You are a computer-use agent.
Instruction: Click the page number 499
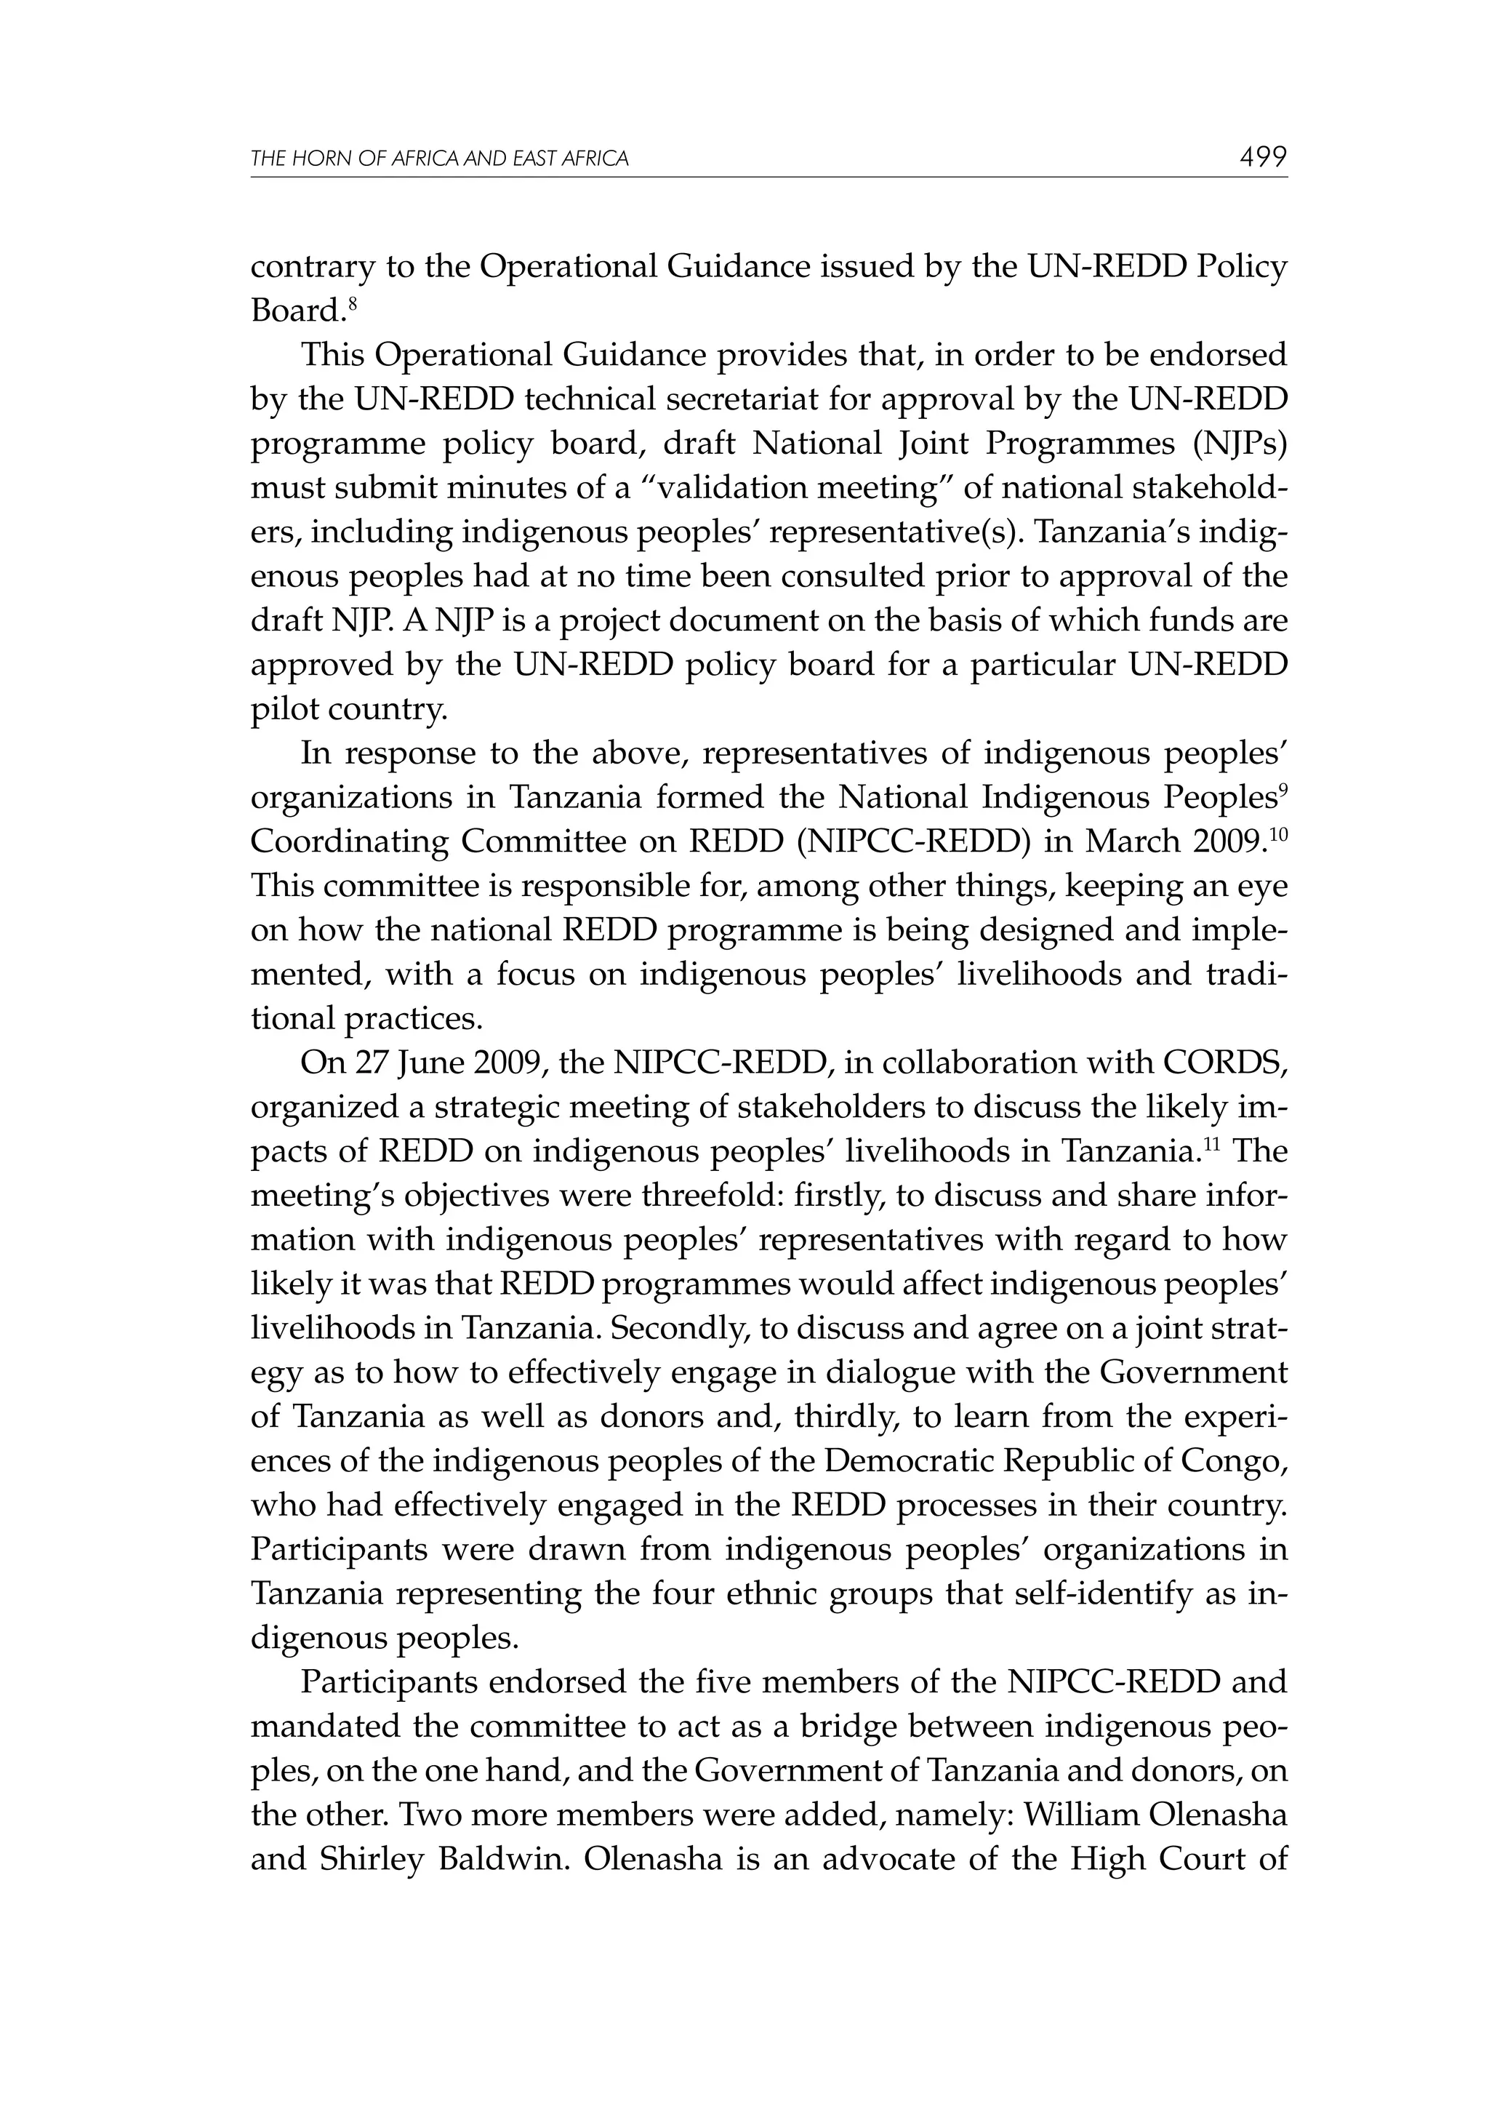[1262, 157]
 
